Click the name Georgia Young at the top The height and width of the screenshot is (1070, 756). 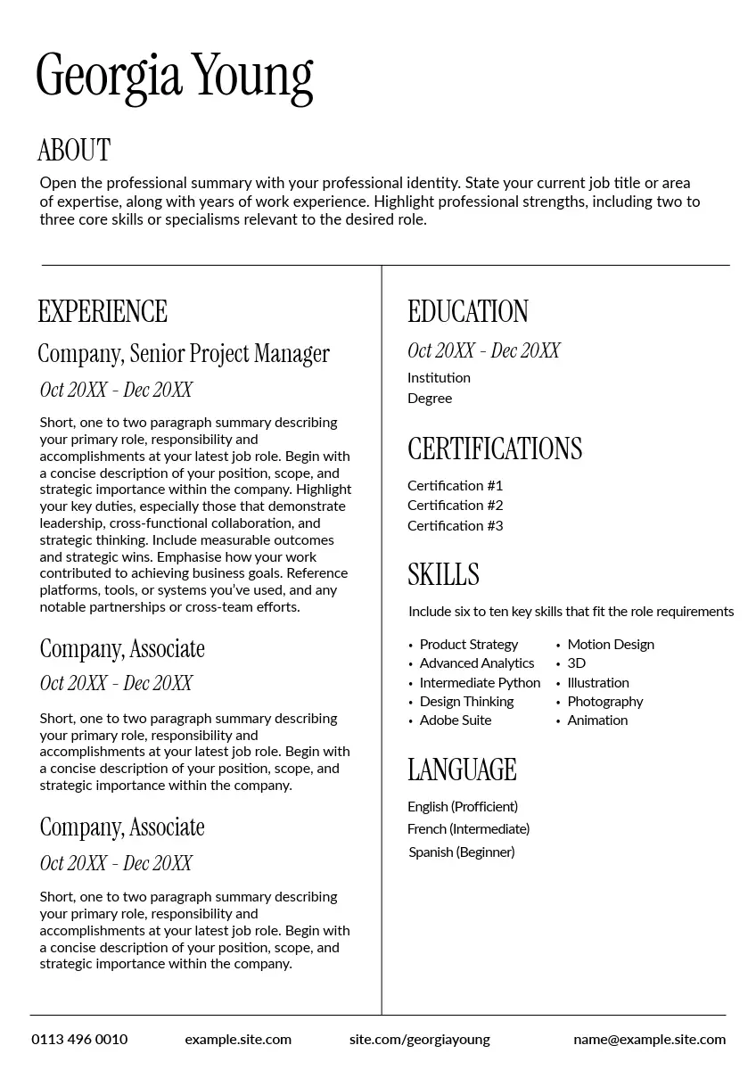click(175, 77)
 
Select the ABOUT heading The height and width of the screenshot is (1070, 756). click(74, 150)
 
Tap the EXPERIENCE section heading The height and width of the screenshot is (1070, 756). click(103, 311)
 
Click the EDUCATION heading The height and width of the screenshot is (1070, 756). click(468, 311)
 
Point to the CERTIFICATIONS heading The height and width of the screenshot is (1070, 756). click(495, 449)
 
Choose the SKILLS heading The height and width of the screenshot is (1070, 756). click(443, 574)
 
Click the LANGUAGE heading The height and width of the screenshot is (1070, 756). click(462, 770)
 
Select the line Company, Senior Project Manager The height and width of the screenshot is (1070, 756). click(184, 354)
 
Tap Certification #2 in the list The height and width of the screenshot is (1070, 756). click(456, 506)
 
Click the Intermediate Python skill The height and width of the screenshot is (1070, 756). click(480, 683)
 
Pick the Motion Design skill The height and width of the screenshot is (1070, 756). click(611, 645)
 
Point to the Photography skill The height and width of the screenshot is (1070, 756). click(605, 702)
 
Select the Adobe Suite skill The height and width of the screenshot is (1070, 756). click(456, 720)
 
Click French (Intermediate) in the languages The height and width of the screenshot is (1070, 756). click(469, 829)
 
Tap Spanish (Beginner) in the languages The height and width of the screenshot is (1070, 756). click(462, 852)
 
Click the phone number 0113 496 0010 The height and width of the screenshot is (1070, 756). click(79, 1040)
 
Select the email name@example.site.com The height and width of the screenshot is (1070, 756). click(649, 1040)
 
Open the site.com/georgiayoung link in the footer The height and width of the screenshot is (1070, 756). click(420, 1040)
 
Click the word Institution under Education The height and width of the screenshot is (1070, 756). click(439, 378)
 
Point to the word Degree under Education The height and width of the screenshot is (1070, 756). click(430, 399)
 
